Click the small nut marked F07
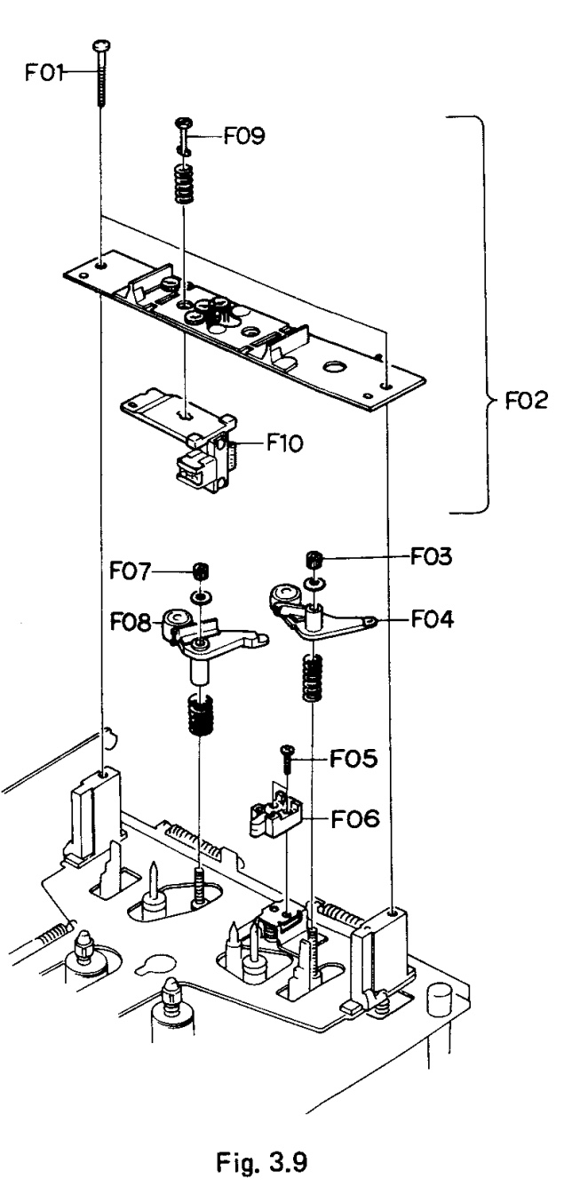pos(200,570)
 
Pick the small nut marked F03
pos(314,559)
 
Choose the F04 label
pos(433,619)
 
